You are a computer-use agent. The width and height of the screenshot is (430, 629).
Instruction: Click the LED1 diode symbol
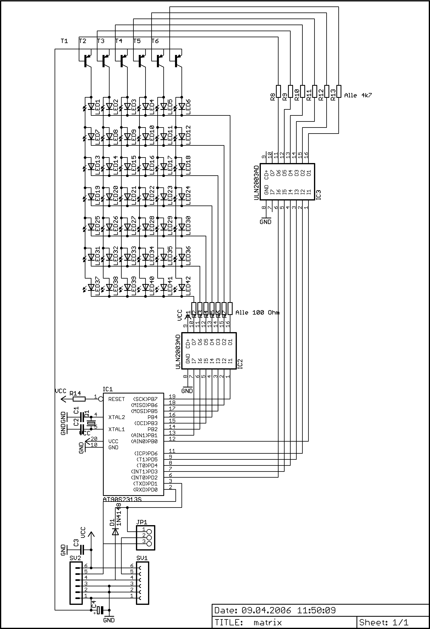[91, 106]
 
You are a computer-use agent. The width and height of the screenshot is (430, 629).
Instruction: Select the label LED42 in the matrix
[188, 286]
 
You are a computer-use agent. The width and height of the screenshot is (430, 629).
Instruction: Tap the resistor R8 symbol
[278, 91]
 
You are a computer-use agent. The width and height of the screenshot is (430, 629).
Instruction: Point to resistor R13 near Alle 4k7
[339, 91]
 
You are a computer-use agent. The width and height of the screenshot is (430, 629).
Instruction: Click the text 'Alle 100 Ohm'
[257, 313]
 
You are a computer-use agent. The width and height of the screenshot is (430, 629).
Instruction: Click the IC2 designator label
[240, 364]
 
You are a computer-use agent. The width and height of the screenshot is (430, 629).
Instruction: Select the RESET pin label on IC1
[116, 399]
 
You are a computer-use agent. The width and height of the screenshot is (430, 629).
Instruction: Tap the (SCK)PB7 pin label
[145, 399]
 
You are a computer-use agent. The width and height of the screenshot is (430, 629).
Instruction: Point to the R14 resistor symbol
[79, 399]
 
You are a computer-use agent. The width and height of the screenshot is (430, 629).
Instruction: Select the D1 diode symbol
[116, 532]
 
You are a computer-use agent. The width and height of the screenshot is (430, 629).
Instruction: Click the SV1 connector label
[142, 558]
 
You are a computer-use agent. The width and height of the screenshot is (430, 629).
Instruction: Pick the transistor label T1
[64, 41]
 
